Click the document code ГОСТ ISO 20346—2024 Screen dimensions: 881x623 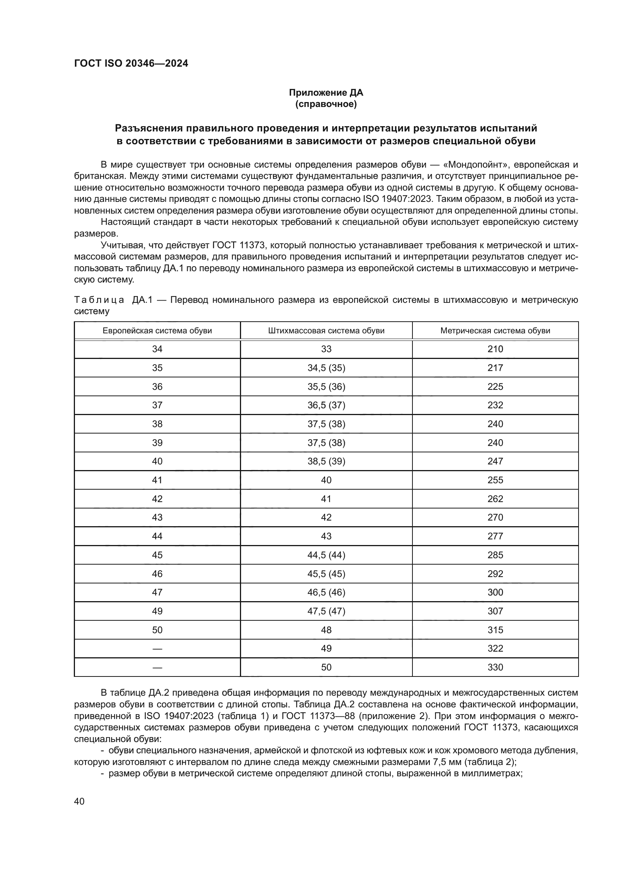click(131, 64)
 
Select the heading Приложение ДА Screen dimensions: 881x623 click(326, 93)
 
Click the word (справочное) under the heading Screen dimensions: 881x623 click(326, 104)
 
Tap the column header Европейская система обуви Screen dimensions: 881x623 click(157, 331)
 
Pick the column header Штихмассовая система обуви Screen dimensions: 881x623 click(326, 331)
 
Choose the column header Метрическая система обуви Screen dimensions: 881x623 click(495, 331)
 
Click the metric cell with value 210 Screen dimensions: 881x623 click(495, 349)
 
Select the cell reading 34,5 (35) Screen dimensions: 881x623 click(326, 368)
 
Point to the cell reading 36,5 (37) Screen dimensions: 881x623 click(326, 405)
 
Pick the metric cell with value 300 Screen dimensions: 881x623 click(495, 592)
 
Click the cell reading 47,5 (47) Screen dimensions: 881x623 click(326, 611)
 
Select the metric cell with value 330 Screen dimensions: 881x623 click(495, 667)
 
